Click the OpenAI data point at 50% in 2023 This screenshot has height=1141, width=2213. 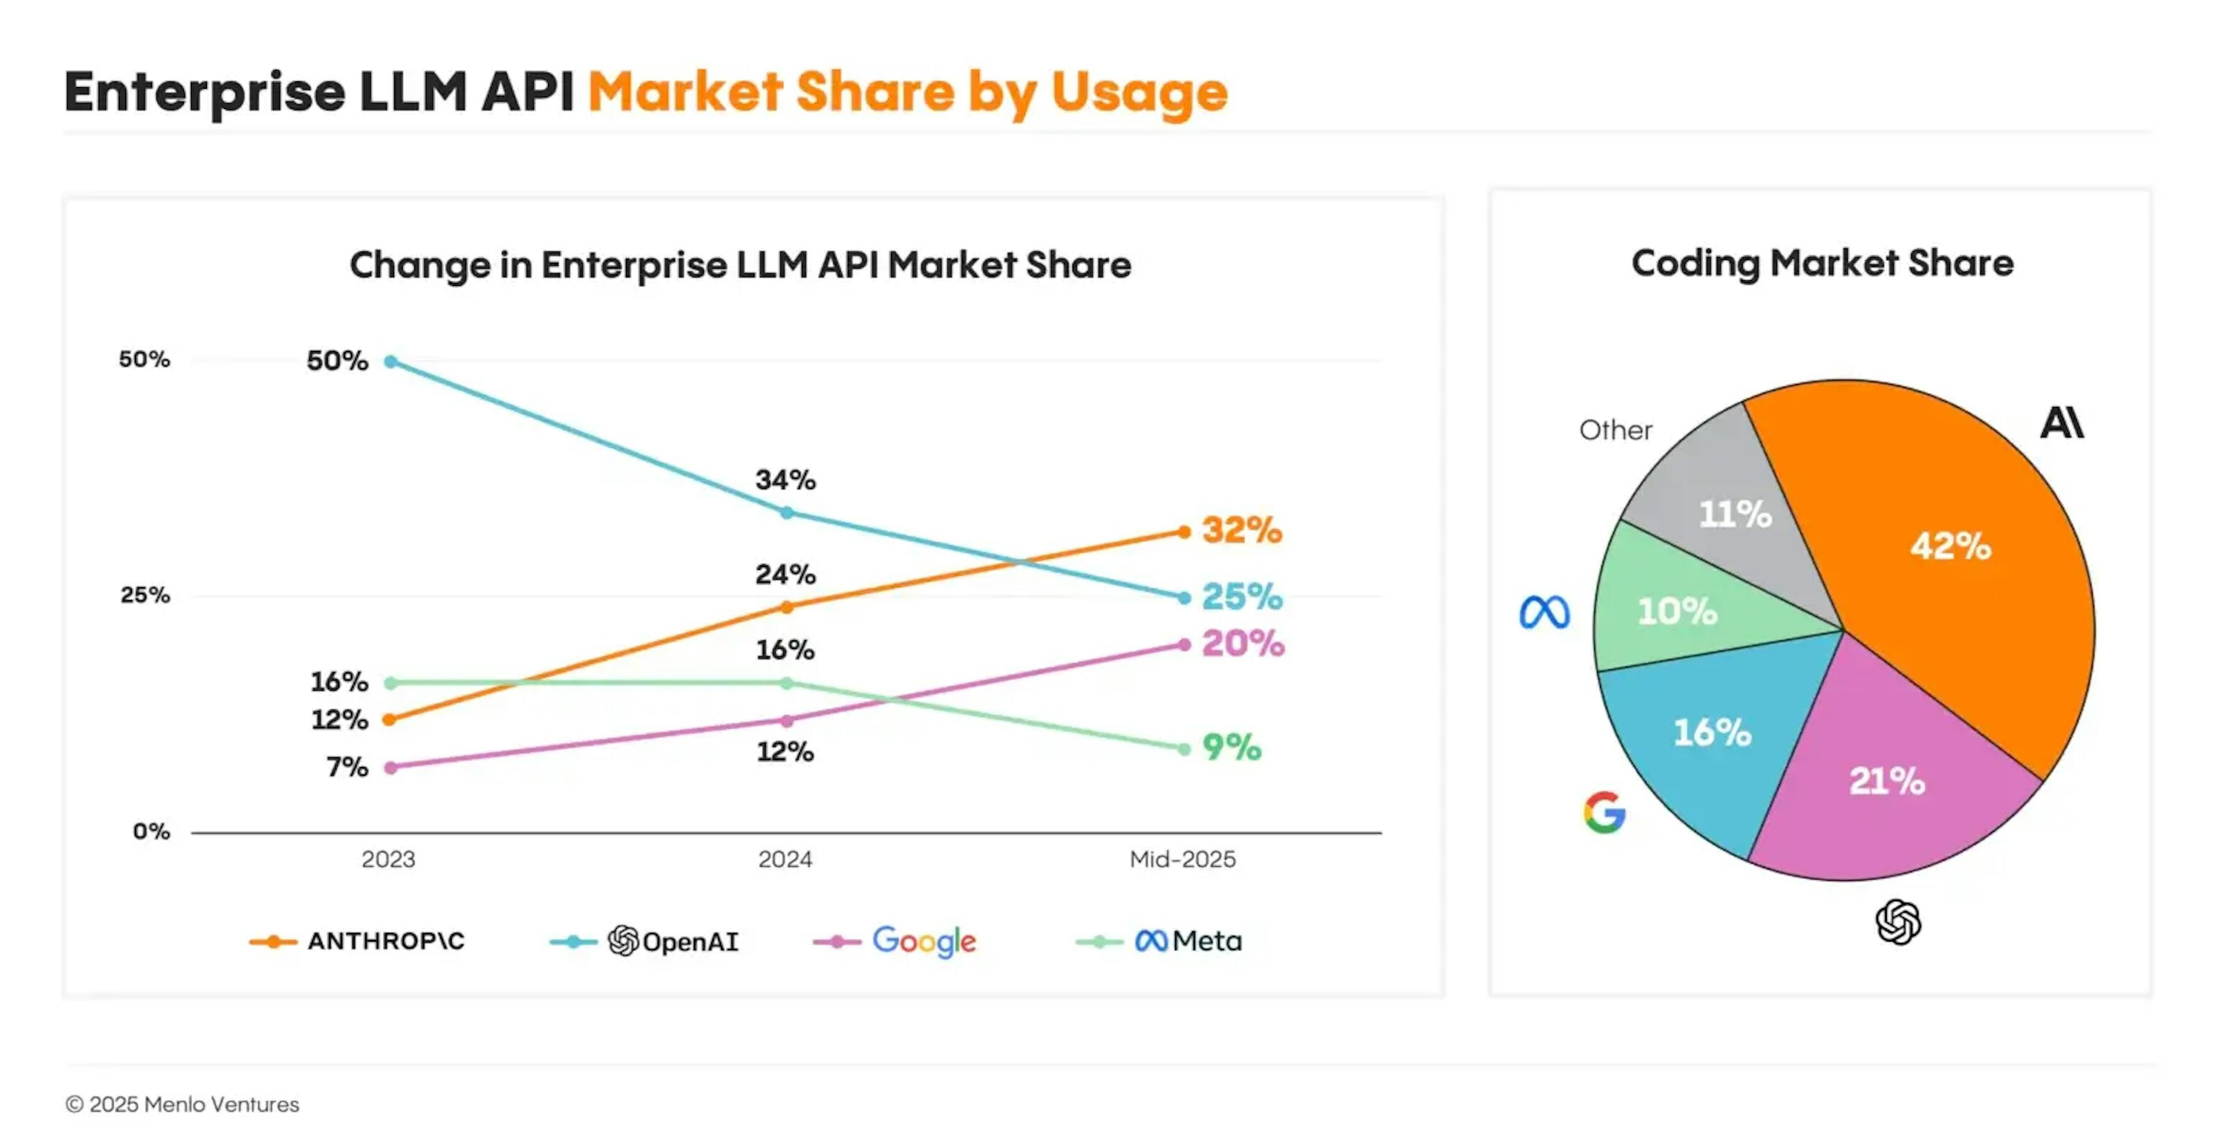[391, 362]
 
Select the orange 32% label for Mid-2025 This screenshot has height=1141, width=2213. [1241, 530]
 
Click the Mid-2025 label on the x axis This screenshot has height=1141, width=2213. [1182, 859]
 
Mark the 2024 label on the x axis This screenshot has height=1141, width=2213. [784, 859]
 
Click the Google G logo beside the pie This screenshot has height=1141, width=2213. [1604, 812]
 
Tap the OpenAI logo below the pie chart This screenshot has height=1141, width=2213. [1898, 922]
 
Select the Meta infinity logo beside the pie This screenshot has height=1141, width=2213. [1544, 612]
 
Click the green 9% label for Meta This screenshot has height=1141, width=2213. [1231, 747]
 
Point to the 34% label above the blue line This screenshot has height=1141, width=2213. [785, 479]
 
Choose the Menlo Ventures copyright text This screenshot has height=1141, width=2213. [182, 1104]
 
